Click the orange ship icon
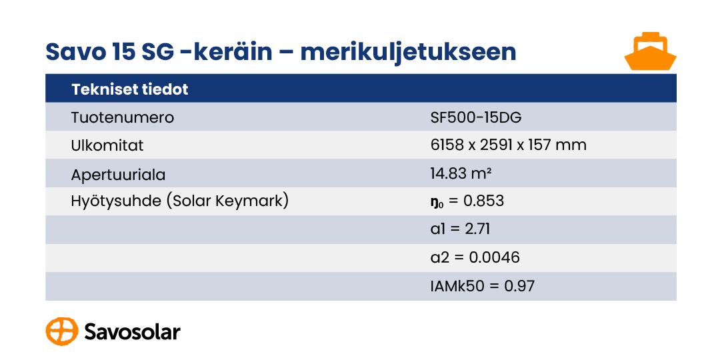650,51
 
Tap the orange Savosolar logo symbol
62,331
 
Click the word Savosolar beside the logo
132,331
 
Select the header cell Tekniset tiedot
130,89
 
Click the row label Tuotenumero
123,117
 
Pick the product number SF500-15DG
476,117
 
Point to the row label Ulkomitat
107,145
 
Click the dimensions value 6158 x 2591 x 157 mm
508,145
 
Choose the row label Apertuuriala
119,175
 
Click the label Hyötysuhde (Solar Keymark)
180,201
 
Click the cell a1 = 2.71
460,229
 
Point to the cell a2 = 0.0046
475,257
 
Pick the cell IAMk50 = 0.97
483,286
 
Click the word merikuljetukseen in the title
408,53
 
